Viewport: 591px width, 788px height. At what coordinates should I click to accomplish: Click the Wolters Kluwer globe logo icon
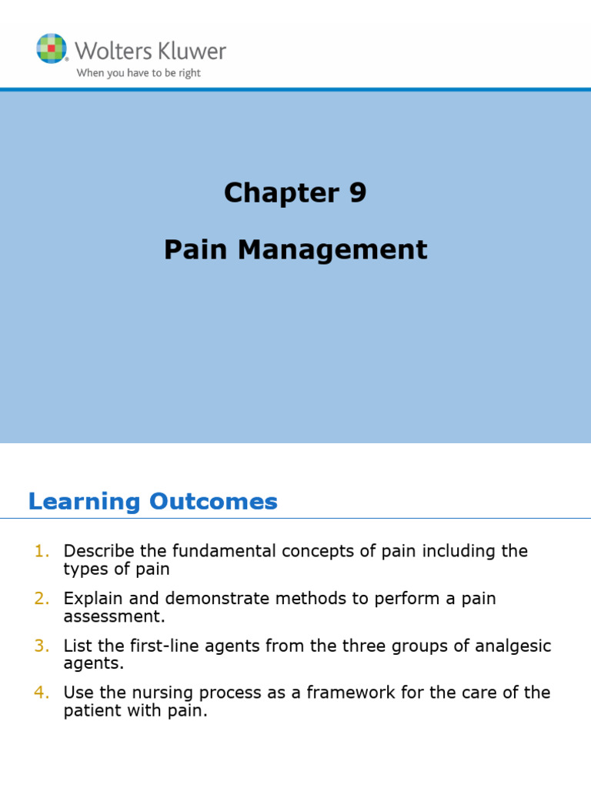pos(51,48)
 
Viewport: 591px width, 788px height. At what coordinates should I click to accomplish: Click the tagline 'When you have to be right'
pos(138,74)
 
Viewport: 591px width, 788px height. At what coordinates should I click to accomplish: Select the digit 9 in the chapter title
pos(358,193)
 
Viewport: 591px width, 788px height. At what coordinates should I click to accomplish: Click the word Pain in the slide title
pos(192,249)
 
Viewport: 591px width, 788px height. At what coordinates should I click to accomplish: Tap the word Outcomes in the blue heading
pos(213,502)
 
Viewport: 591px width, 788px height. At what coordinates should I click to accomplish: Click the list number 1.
pos(42,551)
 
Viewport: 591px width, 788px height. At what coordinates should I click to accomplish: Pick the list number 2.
pos(42,599)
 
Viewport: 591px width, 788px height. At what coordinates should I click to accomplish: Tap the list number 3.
pos(42,646)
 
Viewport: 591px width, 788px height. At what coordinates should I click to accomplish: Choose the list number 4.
pos(42,693)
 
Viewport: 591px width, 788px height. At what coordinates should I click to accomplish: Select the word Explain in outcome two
pos(91,599)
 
